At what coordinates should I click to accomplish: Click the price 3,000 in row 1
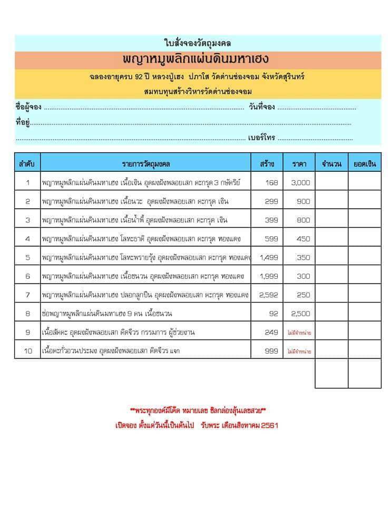coord(300,183)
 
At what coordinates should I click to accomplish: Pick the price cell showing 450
coord(303,239)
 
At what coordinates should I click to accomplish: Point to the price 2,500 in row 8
coord(300,314)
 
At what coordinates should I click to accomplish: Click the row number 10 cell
coord(27,351)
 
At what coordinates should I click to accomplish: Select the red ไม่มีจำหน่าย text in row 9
coord(299,333)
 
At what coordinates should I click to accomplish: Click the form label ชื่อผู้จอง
coord(28,108)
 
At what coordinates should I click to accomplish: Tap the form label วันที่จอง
coord(260,108)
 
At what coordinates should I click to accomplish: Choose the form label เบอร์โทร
coord(262,138)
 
